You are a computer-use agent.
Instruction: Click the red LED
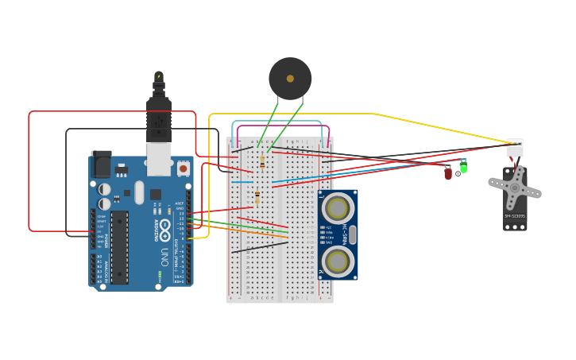pos(448,172)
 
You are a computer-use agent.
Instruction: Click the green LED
pos(463,167)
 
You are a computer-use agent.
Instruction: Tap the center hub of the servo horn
pos(515,188)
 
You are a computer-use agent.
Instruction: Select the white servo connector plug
pos(515,147)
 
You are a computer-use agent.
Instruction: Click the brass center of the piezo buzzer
pos(290,79)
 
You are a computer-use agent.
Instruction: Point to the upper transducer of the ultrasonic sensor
pos(338,209)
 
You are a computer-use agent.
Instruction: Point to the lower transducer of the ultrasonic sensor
pos(338,260)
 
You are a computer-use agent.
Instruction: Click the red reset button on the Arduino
pos(184,168)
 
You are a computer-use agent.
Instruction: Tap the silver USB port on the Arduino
pos(159,159)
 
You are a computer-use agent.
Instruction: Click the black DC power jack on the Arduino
pos(101,165)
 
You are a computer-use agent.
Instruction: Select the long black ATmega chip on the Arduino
pos(119,247)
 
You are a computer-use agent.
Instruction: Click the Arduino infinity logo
pos(164,230)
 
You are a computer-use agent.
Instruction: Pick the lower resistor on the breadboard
pos(257,196)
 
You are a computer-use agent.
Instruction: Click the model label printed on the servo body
pos(514,215)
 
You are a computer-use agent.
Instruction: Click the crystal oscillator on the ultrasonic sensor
pos(353,234)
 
